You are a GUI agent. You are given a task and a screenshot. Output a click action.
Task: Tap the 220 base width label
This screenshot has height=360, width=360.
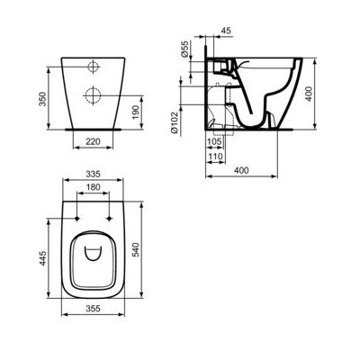pyautogui.click(x=94, y=142)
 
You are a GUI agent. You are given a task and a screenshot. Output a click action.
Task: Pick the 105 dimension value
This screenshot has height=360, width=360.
pyautogui.click(x=213, y=142)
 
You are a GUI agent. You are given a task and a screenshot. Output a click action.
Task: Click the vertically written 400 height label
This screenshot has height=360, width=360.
pyautogui.click(x=334, y=94)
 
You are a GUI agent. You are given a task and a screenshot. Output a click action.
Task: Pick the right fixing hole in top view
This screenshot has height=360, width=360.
pyautogui.click(x=108, y=217)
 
